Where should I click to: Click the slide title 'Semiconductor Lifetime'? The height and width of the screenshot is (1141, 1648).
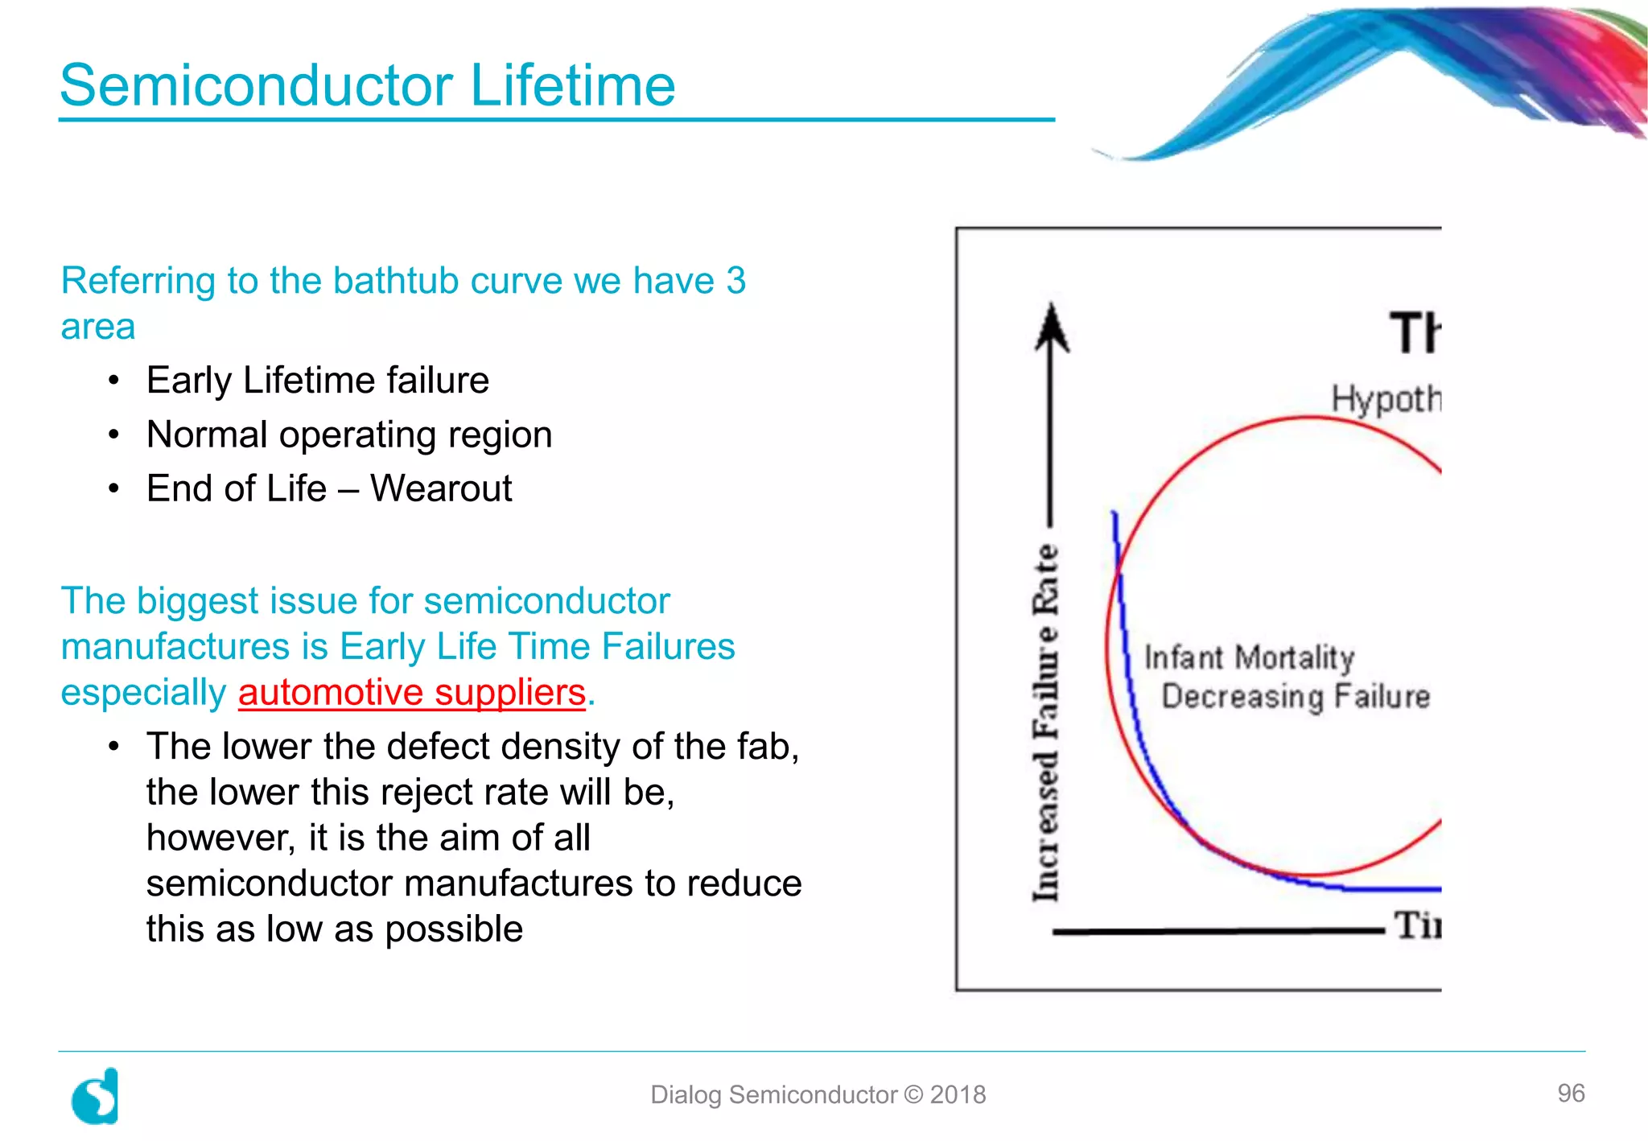[x=368, y=85]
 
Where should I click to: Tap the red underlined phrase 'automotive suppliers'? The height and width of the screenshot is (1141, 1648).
[x=411, y=693]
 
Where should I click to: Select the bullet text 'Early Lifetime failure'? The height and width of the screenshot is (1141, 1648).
[x=318, y=381]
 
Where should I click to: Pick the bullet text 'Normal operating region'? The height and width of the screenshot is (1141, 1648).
[x=349, y=435]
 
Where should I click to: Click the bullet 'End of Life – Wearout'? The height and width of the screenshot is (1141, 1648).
[x=329, y=488]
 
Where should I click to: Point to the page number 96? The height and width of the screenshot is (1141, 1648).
[x=1571, y=1093]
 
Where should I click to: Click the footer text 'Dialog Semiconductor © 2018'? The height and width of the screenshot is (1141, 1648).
[x=818, y=1094]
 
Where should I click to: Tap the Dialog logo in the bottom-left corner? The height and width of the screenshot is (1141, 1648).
[x=96, y=1096]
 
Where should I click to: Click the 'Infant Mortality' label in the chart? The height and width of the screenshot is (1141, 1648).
[x=1249, y=657]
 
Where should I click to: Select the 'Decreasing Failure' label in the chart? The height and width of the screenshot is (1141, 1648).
[x=1296, y=696]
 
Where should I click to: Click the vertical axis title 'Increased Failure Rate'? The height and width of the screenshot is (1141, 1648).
[x=1045, y=723]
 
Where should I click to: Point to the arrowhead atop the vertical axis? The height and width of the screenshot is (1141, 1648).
[x=1051, y=327]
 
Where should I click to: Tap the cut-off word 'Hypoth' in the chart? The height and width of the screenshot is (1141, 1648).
[x=1386, y=399]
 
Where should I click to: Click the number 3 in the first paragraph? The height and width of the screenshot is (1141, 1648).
[x=735, y=281]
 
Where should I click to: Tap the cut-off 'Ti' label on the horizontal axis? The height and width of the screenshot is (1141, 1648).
[x=1417, y=925]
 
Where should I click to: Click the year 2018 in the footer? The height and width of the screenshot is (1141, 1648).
[x=958, y=1094]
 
